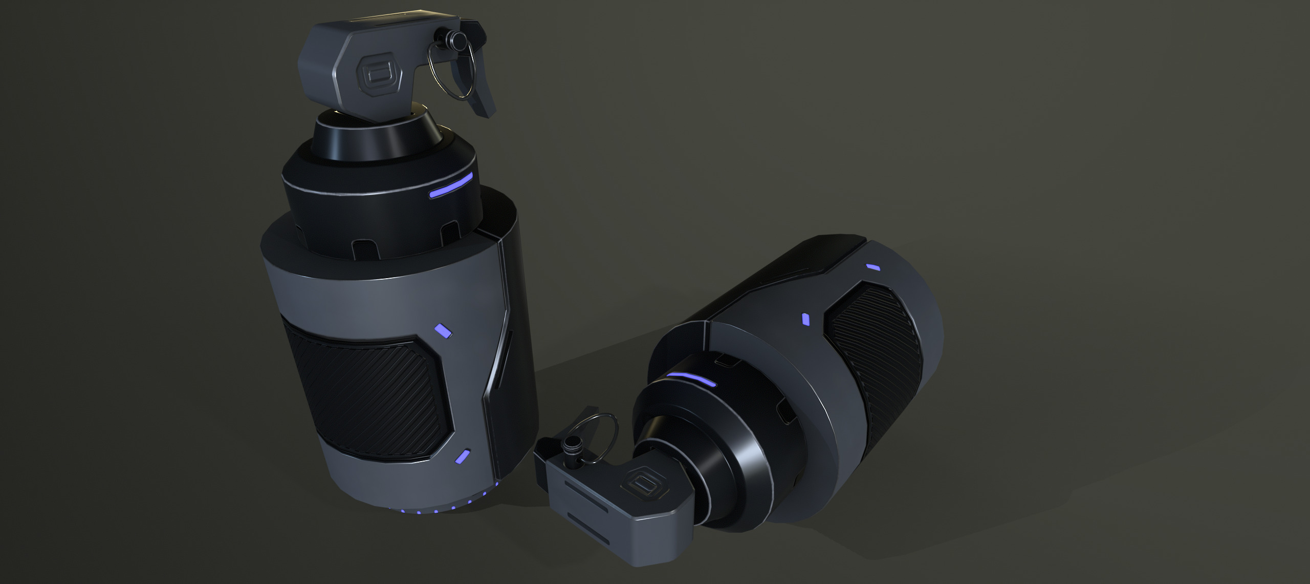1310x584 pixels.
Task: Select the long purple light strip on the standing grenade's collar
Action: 450,186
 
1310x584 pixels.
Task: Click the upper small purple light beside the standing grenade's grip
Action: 443,330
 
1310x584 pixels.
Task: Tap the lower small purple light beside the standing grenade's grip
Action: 463,457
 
